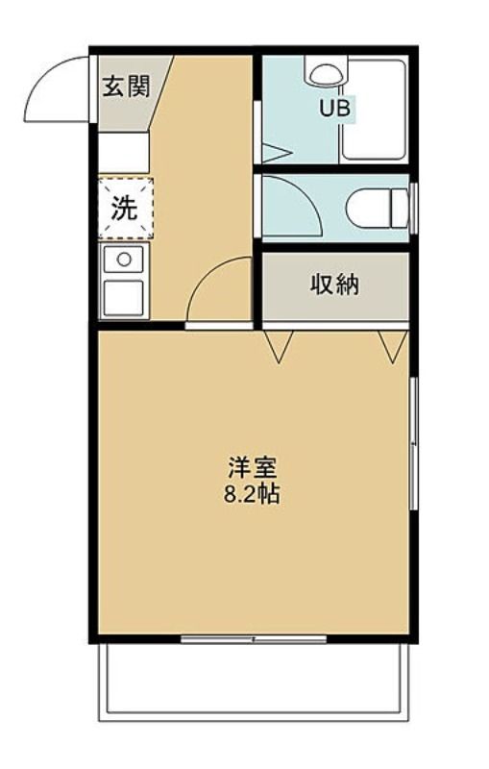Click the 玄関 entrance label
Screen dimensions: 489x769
pos(126,87)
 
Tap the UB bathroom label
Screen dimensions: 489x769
pos(334,108)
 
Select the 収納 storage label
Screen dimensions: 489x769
pos(335,285)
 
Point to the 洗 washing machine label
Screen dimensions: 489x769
pos(124,209)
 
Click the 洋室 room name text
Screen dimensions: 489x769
pos(253,467)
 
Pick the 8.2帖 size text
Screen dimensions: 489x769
pos(252,494)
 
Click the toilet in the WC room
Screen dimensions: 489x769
pos(377,209)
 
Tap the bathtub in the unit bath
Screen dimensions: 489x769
pos(375,110)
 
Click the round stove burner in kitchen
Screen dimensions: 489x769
pos(124,259)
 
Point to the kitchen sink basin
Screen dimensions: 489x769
pos(124,298)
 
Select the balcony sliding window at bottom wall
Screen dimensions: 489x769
pos(254,639)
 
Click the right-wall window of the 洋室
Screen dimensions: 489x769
pos(414,443)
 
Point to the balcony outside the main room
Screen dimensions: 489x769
pos(254,682)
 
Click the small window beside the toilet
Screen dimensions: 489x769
pos(413,209)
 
